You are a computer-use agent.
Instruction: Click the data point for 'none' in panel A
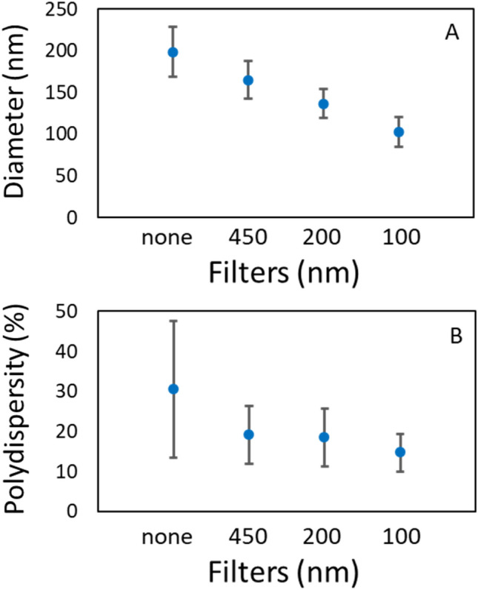pos(173,52)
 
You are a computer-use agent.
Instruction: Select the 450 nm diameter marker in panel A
pos(248,80)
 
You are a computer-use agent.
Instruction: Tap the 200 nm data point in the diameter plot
pos(323,104)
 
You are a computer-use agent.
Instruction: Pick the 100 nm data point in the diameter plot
pos(399,132)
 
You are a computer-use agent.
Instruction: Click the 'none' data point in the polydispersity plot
pos(173,389)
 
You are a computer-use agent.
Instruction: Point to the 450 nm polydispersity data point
pos(248,434)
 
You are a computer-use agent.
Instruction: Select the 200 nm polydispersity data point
pos(324,437)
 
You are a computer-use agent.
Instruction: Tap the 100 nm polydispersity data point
pos(399,452)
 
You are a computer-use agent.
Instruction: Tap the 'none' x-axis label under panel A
pos(167,239)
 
